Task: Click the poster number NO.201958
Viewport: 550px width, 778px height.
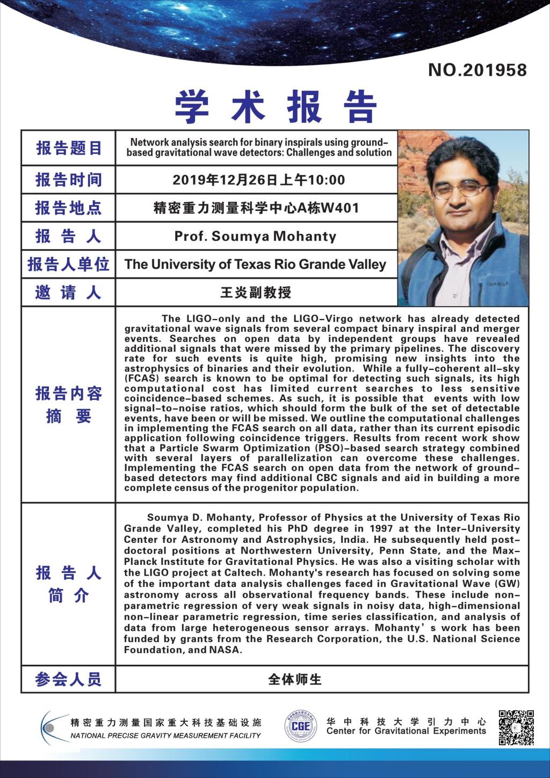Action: pyautogui.click(x=477, y=70)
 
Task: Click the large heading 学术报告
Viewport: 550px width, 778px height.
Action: pyautogui.click(x=276, y=106)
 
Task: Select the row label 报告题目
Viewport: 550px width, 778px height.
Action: pyautogui.click(x=69, y=148)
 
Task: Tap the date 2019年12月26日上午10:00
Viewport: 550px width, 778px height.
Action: pyautogui.click(x=258, y=180)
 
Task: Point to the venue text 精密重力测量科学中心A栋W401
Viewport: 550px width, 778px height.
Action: pyautogui.click(x=256, y=208)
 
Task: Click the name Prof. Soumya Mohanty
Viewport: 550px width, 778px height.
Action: pyautogui.click(x=255, y=236)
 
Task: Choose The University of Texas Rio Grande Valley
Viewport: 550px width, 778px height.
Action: pyautogui.click(x=255, y=264)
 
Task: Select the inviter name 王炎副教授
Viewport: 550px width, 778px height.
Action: pyautogui.click(x=256, y=293)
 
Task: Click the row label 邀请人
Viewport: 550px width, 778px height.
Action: pyautogui.click(x=68, y=293)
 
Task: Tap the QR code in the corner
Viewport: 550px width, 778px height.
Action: pyautogui.click(x=516, y=728)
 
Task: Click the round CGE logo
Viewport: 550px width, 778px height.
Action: pyautogui.click(x=300, y=728)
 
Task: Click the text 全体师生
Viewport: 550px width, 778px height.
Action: pyautogui.click(x=294, y=680)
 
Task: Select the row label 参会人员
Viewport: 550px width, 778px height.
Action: pyautogui.click(x=68, y=680)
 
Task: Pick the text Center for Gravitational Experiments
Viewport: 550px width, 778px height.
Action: pyautogui.click(x=406, y=731)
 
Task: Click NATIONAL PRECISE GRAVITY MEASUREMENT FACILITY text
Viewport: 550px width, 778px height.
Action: pyautogui.click(x=165, y=736)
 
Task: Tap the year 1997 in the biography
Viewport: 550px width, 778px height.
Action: pyautogui.click(x=381, y=528)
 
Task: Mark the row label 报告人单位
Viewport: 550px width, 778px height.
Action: pyautogui.click(x=68, y=264)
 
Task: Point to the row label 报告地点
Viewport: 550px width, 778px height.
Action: pyautogui.click(x=68, y=208)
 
